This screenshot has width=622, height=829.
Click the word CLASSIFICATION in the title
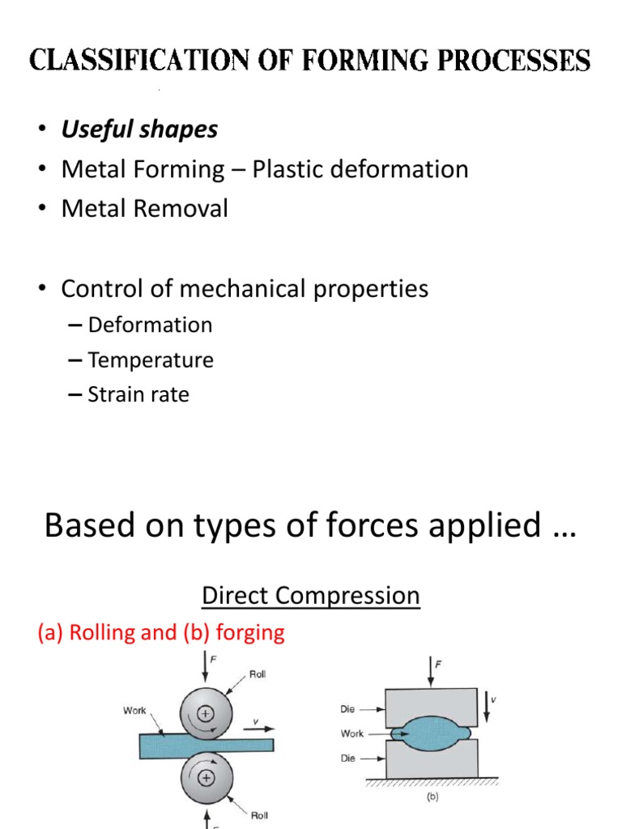(139, 60)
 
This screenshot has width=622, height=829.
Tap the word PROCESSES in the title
(513, 60)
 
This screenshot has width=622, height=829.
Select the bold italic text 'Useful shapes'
(139, 130)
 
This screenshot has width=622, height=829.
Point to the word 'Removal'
(181, 208)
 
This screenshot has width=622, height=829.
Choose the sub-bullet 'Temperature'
(151, 360)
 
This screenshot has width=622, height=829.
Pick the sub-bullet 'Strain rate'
(138, 394)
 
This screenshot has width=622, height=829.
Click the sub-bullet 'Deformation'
(150, 325)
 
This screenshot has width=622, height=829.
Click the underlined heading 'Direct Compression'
(311, 596)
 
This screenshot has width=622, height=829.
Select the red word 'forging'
(250, 633)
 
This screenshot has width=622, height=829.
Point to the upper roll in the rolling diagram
(206, 713)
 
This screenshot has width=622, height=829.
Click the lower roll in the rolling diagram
(207, 778)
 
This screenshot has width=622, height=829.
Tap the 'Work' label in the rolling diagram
(134, 711)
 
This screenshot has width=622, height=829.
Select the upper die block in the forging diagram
(431, 707)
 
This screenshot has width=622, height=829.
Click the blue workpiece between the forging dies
(431, 733)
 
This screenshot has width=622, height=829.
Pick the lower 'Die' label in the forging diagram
(348, 758)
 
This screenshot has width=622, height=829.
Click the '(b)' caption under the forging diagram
(432, 797)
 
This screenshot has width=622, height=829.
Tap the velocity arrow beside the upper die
(487, 707)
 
